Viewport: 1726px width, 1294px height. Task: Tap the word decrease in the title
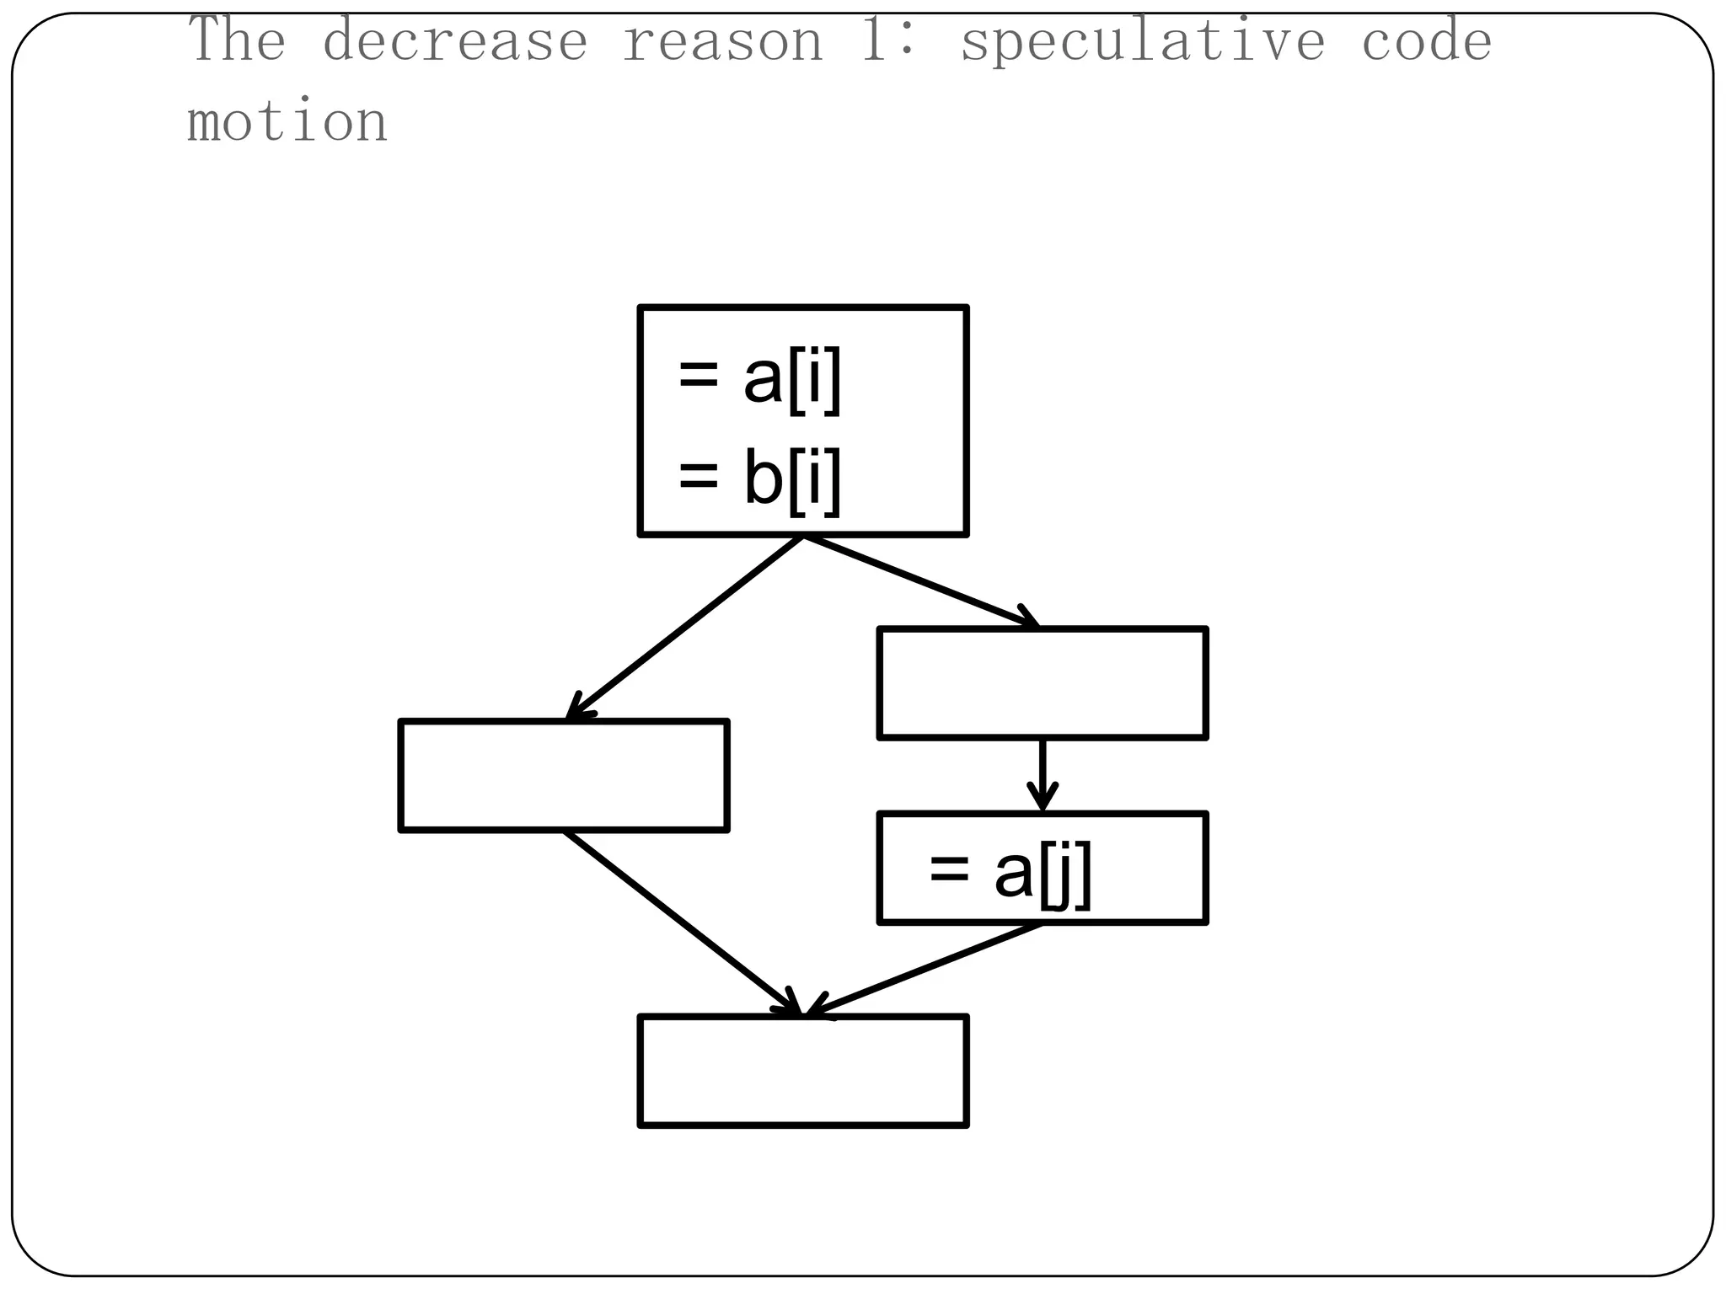pos(455,40)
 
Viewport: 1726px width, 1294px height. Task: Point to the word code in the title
pos(1426,40)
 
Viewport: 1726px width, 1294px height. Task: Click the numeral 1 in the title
pos(873,40)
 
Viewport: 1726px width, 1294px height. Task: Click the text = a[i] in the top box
pos(758,379)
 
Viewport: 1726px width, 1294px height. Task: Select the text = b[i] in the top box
pos(758,479)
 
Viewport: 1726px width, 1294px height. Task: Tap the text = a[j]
pos(1010,873)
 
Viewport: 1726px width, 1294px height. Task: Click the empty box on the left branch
pos(564,775)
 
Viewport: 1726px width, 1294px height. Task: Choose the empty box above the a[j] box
pos(1043,683)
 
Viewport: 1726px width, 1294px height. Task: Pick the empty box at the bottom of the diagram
pos(803,1071)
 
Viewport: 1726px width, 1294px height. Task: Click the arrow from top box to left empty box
pos(684,628)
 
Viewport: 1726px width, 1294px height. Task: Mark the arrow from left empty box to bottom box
pos(681,922)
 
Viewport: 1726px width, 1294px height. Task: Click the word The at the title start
pos(237,40)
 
